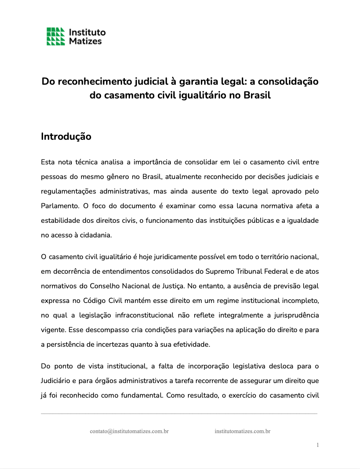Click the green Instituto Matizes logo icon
coord(56,36)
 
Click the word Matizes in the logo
coord(85,41)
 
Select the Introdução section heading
coord(66,136)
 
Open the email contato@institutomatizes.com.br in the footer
coord(129,431)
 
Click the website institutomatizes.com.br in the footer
coord(242,431)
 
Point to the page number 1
coord(317,445)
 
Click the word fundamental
coord(141,396)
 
